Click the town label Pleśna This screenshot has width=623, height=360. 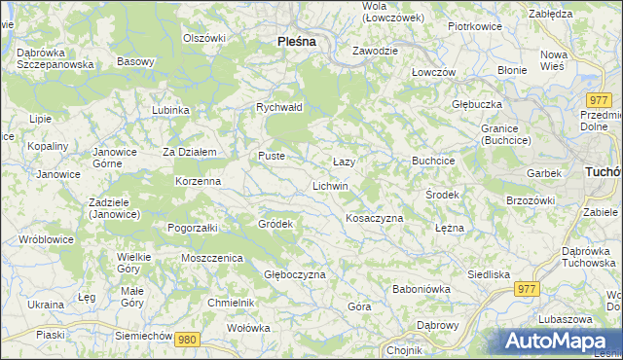point(296,41)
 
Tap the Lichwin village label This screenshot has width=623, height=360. point(330,185)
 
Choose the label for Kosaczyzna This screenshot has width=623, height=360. point(375,218)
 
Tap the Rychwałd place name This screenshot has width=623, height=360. point(279,107)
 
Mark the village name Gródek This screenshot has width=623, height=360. point(275,224)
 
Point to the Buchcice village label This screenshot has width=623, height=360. point(434,160)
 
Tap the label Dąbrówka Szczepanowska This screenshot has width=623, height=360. point(55,57)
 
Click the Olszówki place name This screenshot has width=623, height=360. point(204,38)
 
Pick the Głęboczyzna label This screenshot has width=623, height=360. point(295,275)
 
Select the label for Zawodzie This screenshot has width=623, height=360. point(375,50)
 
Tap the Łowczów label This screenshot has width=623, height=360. point(433,73)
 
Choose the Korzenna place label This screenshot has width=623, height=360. point(198,181)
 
